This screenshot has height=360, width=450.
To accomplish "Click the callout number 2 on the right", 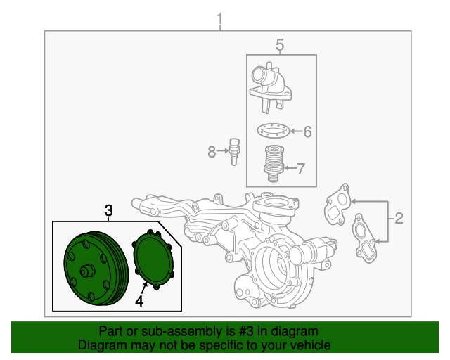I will tap(399, 218).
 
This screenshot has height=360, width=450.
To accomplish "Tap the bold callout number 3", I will tap(109, 210).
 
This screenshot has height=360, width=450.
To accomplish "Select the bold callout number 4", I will tap(139, 301).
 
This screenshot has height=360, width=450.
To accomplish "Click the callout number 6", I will tap(307, 131).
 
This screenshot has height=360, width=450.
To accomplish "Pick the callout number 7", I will tap(301, 168).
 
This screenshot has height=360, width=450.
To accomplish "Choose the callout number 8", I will tap(212, 150).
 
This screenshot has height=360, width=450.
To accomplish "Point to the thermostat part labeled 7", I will tap(274, 163).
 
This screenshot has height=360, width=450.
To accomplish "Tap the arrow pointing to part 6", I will tap(295, 131).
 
